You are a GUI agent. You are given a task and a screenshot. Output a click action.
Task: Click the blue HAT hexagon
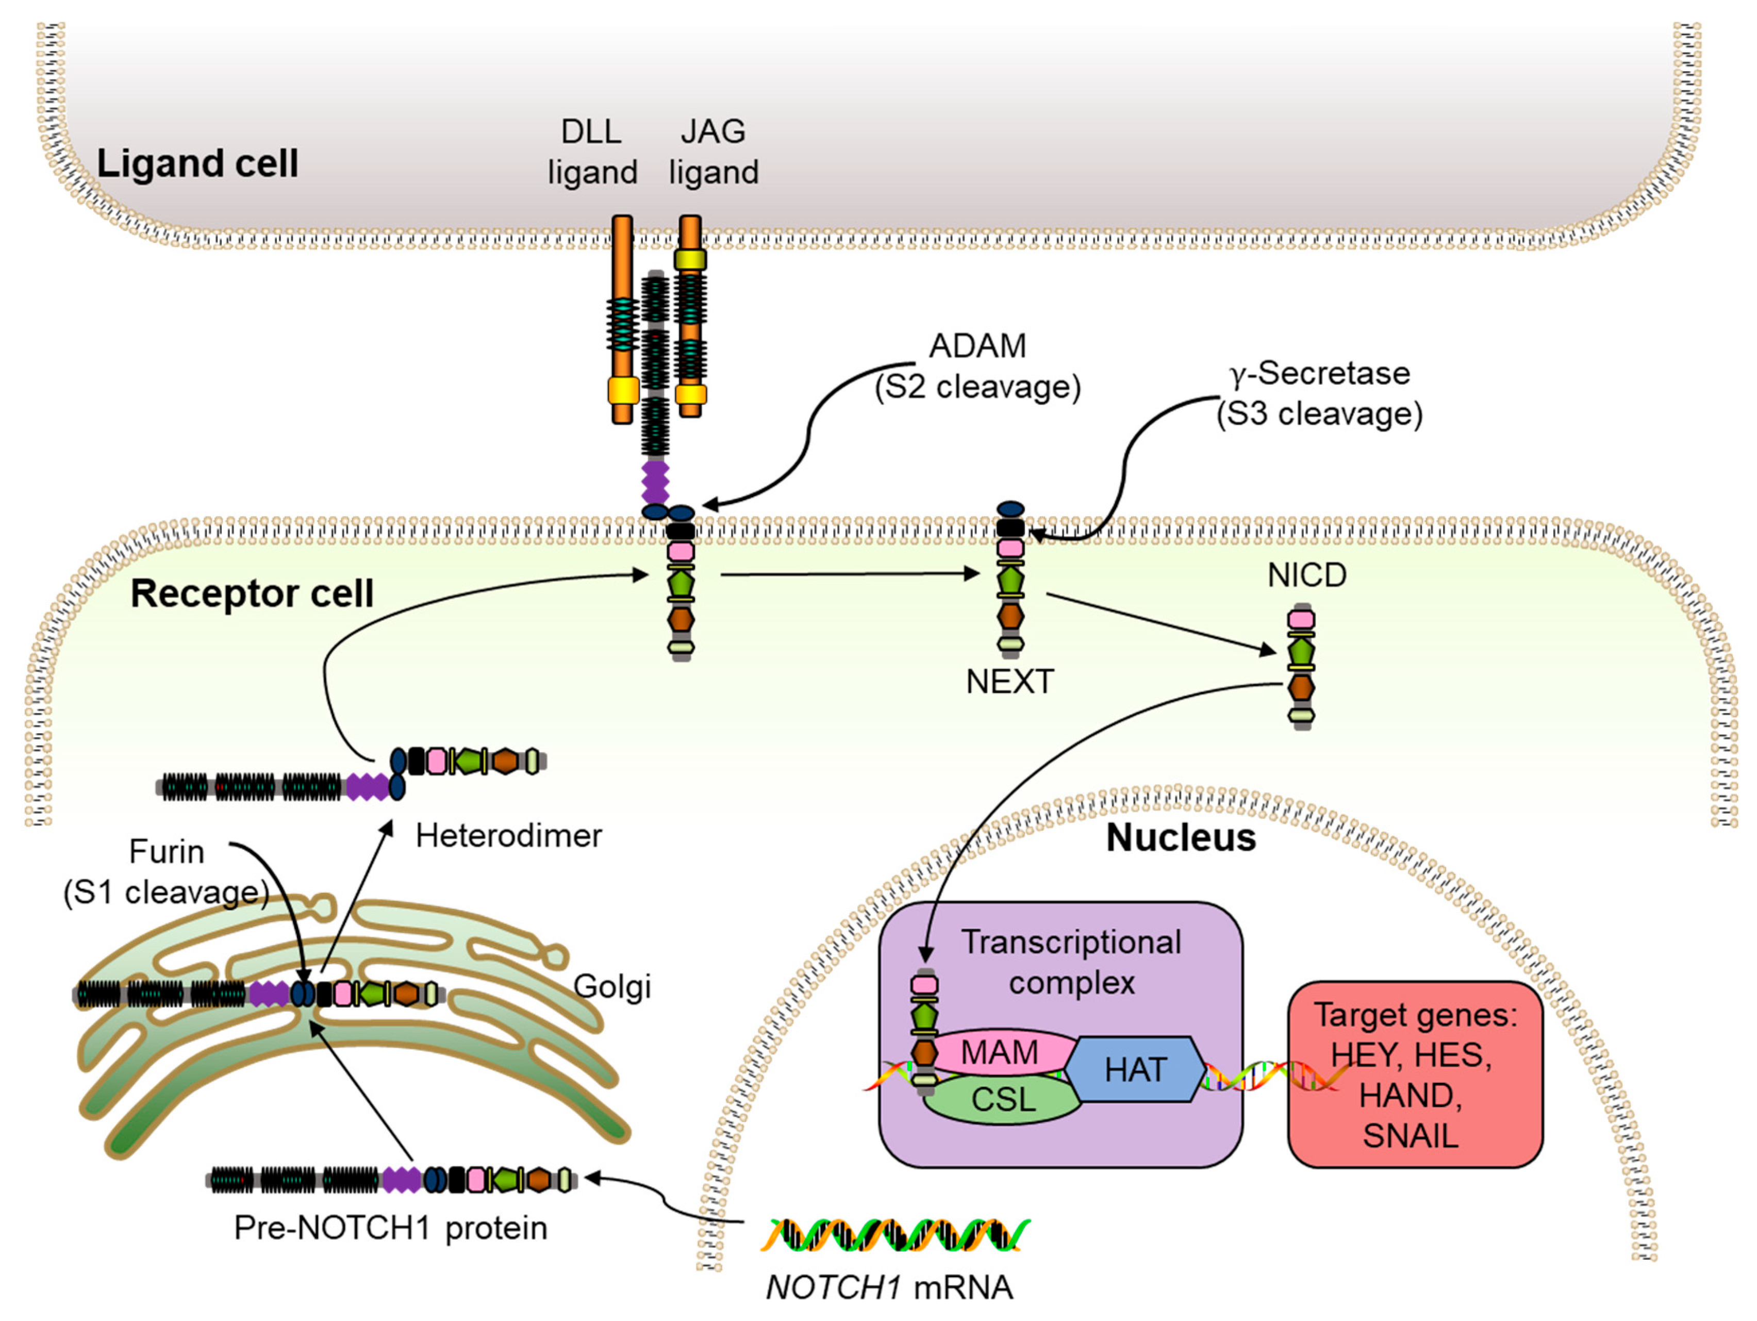click(x=1136, y=1069)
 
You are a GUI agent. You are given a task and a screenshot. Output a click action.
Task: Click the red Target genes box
click(x=1414, y=1074)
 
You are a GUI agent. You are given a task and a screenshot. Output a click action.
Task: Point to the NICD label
click(x=1306, y=575)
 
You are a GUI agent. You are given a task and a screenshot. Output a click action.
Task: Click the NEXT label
click(x=1009, y=682)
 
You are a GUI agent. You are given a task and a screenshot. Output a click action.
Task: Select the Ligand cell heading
click(x=197, y=163)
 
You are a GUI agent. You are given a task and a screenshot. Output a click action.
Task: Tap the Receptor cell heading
click(x=252, y=593)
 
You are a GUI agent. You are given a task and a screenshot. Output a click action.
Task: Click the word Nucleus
click(x=1181, y=838)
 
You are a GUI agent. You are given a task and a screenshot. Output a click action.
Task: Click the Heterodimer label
click(x=508, y=836)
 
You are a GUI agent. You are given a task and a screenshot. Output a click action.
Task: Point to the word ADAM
click(x=978, y=346)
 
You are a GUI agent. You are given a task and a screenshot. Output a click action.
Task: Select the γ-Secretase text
click(x=1319, y=373)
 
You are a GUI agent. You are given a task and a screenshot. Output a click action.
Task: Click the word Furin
click(x=167, y=852)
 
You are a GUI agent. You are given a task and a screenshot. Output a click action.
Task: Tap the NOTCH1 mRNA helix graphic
click(x=895, y=1234)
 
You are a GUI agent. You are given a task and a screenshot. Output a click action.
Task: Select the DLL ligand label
click(x=592, y=152)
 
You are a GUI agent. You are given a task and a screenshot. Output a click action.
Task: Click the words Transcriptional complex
click(x=1071, y=962)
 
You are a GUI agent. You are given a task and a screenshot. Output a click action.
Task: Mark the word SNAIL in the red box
click(x=1411, y=1136)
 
